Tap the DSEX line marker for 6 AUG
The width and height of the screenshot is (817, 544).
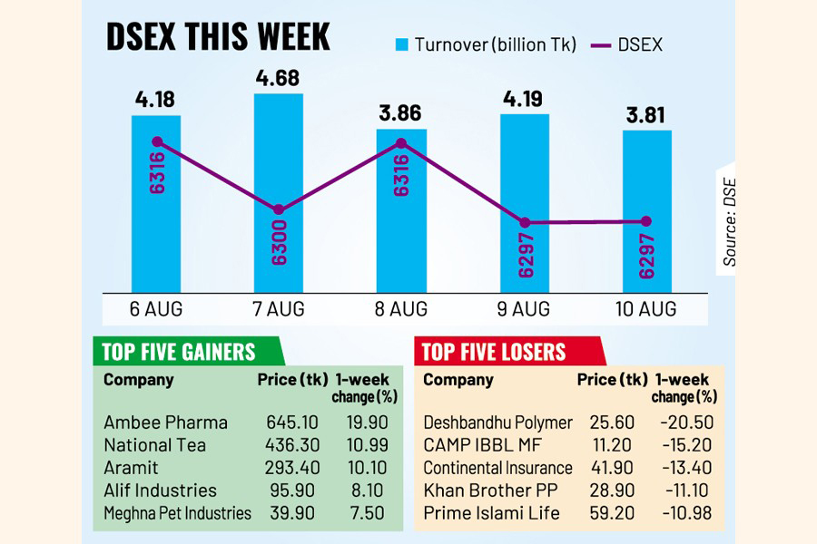pyautogui.click(x=157, y=141)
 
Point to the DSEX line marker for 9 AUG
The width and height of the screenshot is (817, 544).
pyautogui.click(x=524, y=222)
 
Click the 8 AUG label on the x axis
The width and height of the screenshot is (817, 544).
pyautogui.click(x=401, y=309)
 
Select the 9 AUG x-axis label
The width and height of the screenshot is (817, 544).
pyautogui.click(x=524, y=309)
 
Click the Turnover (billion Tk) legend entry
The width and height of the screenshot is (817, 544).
pyautogui.click(x=486, y=44)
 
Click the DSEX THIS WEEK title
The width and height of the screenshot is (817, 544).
pyautogui.click(x=218, y=38)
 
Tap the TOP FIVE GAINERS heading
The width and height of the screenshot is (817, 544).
pyautogui.click(x=179, y=352)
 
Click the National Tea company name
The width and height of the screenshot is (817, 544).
pyautogui.click(x=154, y=445)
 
